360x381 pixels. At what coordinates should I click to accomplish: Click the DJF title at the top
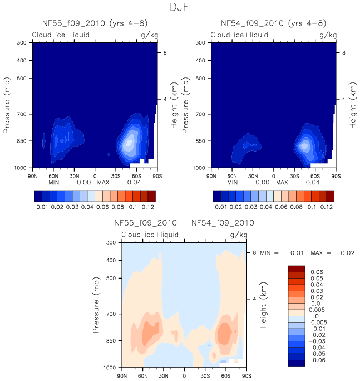coord(180,7)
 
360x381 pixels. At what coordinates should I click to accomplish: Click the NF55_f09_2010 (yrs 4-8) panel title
coord(95,23)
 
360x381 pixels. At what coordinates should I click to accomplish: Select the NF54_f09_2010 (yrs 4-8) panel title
coord(273,23)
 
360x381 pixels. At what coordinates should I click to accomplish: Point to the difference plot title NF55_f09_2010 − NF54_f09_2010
coord(184,223)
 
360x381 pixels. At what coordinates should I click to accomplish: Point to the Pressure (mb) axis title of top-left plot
coord(8,105)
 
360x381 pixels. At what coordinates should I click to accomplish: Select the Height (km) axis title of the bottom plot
coord(262,305)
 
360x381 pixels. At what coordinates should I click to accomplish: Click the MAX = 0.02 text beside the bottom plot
coord(332,253)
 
